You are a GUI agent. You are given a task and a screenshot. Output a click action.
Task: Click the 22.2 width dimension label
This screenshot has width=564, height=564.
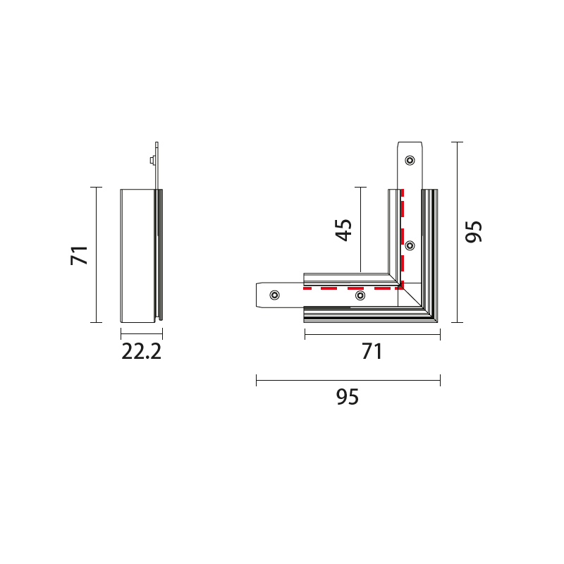coord(142,351)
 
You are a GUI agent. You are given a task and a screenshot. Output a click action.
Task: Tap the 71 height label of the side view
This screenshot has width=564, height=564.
coord(79,255)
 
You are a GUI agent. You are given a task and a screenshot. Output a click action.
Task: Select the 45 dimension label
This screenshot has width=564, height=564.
coord(343,230)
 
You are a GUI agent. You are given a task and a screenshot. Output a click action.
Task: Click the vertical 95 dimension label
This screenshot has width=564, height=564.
coord(473,232)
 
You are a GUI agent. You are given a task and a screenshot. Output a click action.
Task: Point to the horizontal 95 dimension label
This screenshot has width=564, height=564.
coord(348,397)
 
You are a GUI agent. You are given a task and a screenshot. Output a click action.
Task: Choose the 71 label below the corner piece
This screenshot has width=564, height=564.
coord(372,351)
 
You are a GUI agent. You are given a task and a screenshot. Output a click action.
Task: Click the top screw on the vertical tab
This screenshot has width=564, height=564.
coord(410,160)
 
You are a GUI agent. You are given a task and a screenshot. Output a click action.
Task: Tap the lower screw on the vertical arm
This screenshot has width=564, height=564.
coord(410,245)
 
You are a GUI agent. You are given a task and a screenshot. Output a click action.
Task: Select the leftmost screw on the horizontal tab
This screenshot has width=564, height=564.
coord(274,295)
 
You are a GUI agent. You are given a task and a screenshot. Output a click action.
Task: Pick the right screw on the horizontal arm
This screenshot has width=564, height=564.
coord(360,295)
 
